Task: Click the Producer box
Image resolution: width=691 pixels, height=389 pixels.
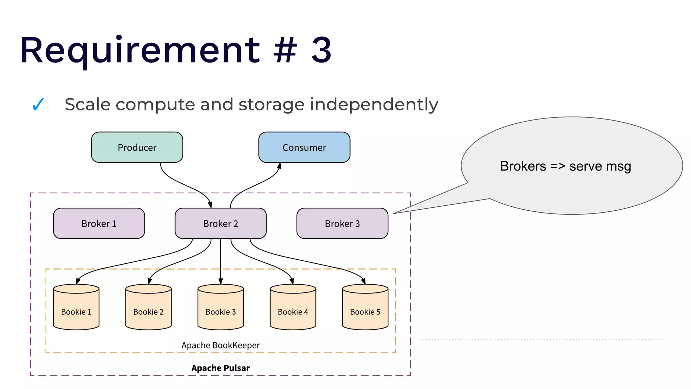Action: [x=137, y=147]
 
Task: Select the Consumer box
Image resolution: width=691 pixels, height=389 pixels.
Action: [x=304, y=147]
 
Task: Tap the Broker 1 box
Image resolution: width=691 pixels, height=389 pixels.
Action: [x=99, y=224]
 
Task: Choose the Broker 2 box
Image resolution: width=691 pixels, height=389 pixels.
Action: [x=220, y=224]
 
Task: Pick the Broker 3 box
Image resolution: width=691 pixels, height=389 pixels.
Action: [x=342, y=224]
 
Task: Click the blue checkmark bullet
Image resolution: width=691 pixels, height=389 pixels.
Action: [x=38, y=104]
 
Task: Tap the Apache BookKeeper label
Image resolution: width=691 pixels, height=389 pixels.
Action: [x=220, y=345]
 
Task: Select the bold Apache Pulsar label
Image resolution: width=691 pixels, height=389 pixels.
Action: [x=220, y=368]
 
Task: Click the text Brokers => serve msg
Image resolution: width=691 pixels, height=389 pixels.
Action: [x=565, y=166]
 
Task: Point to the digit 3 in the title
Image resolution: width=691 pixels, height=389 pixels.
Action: [x=321, y=51]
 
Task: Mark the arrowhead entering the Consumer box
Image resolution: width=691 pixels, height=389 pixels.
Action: [x=279, y=166]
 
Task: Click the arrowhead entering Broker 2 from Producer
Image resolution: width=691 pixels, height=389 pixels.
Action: [x=210, y=205]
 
